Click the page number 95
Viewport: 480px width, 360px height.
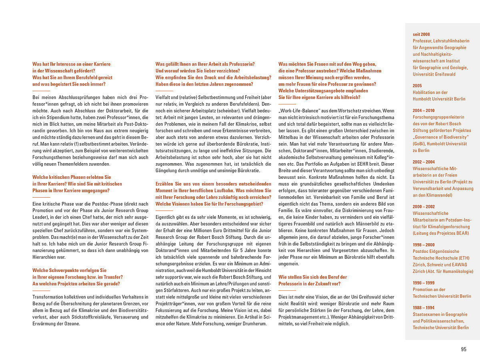click(464, 349)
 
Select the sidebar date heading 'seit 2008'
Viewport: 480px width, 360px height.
click(421, 34)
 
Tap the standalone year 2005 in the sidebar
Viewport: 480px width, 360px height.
click(417, 86)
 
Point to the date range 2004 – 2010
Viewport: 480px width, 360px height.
click(424, 110)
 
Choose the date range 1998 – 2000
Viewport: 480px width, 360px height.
click(424, 245)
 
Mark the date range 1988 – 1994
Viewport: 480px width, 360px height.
click(424, 308)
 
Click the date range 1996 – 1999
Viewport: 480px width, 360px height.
click(424, 283)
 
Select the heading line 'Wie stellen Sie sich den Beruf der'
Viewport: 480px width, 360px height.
click(312, 277)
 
